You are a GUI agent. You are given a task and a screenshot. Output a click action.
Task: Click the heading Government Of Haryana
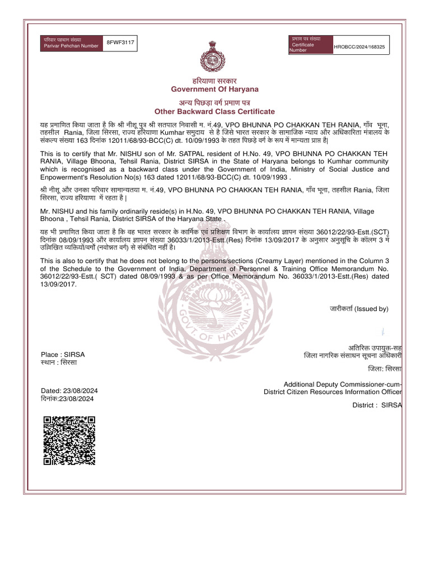(x=214, y=90)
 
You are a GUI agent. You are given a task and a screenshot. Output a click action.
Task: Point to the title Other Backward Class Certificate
(x=214, y=112)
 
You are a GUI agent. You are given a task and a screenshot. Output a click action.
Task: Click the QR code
(x=69, y=441)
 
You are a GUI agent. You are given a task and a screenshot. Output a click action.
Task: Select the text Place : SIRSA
(x=63, y=355)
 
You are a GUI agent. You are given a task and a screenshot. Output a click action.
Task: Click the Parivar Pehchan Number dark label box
(x=72, y=43)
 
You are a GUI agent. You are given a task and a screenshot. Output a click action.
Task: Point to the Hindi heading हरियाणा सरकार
(x=214, y=81)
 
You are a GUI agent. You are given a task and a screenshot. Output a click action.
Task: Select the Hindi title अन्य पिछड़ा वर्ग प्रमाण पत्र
(x=214, y=102)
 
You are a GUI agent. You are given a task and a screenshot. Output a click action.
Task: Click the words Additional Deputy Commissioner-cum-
(x=343, y=384)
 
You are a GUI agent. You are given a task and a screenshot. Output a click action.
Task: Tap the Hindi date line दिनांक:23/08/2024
(x=68, y=399)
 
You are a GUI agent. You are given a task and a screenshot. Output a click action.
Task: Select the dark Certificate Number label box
(x=310, y=44)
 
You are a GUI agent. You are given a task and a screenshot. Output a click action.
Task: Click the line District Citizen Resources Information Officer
(x=333, y=392)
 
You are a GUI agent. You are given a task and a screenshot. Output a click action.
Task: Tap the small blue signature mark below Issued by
(x=383, y=330)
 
